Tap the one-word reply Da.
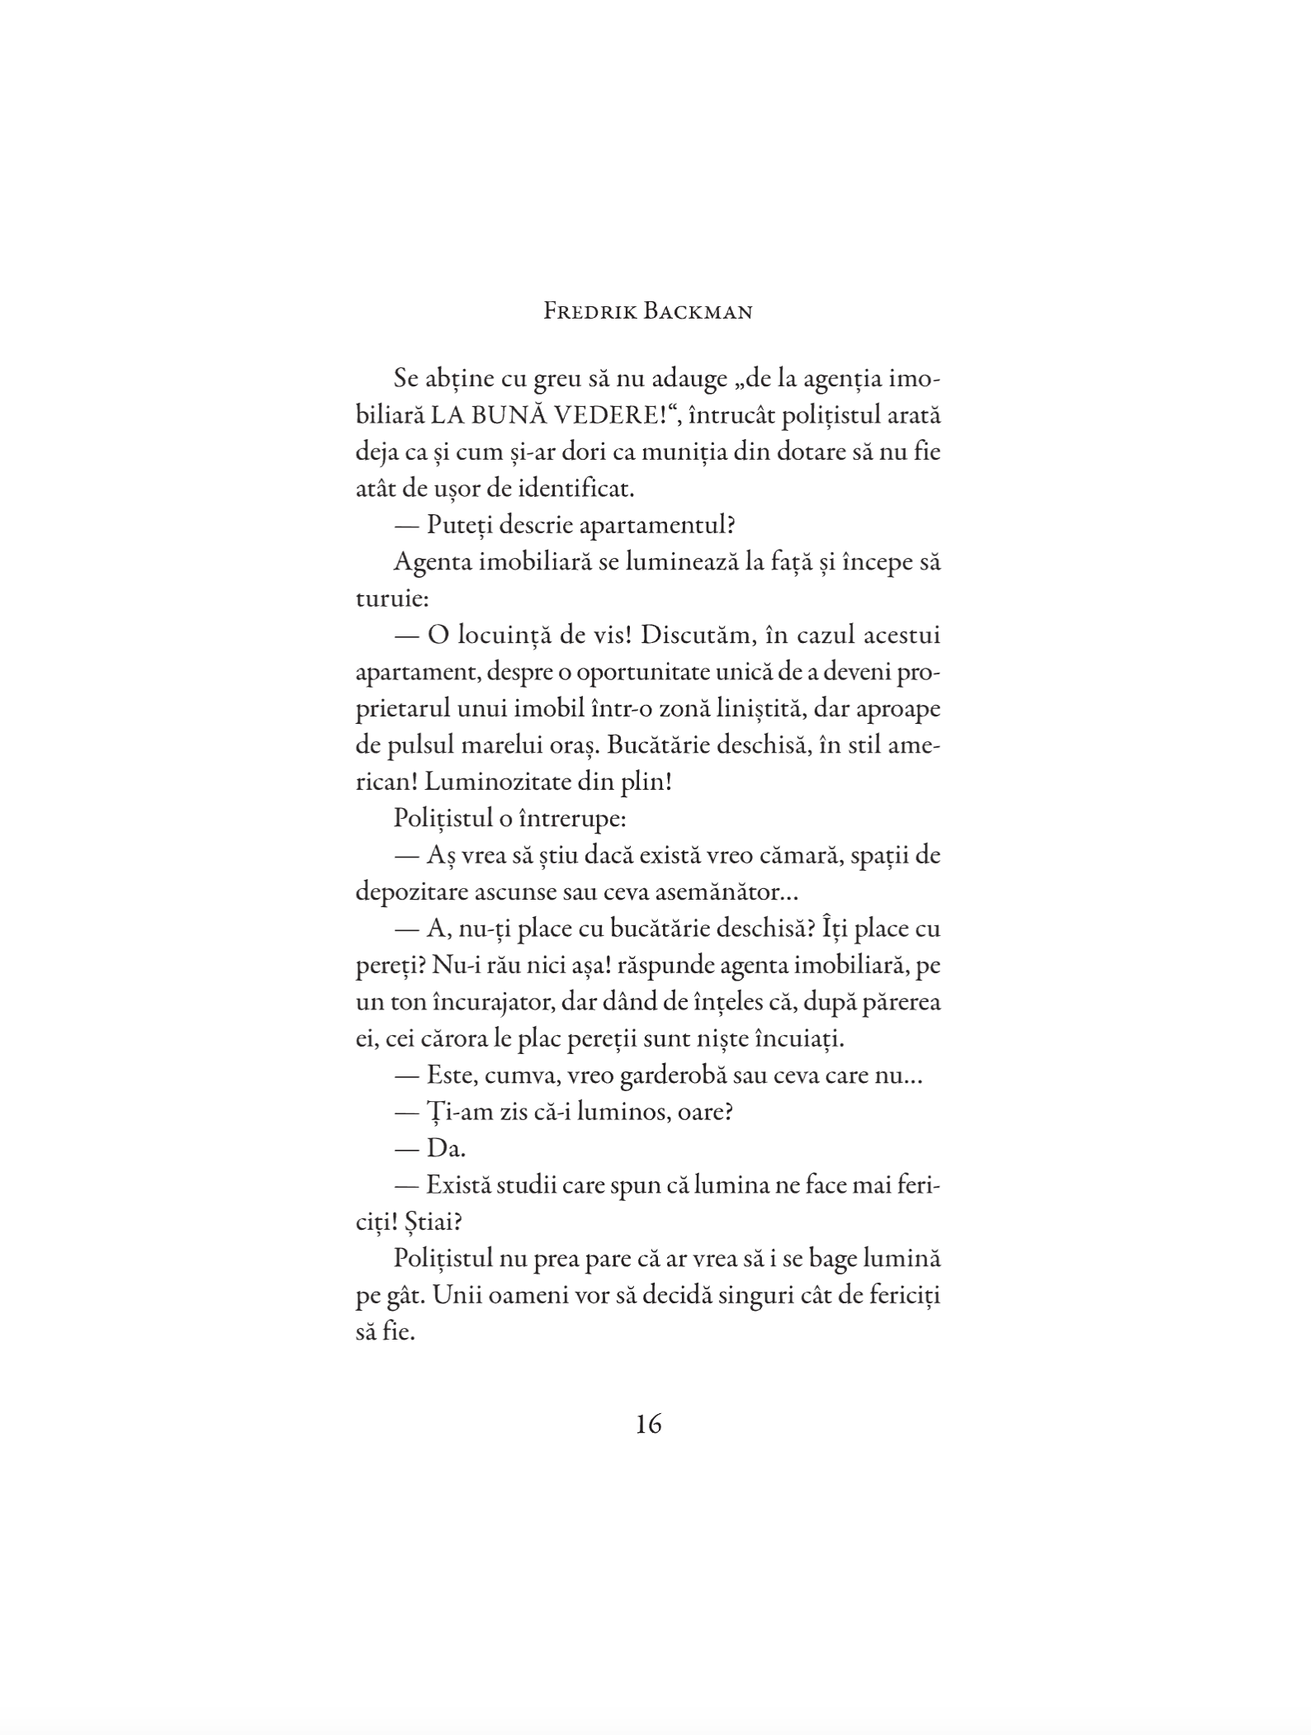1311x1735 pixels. (446, 1148)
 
